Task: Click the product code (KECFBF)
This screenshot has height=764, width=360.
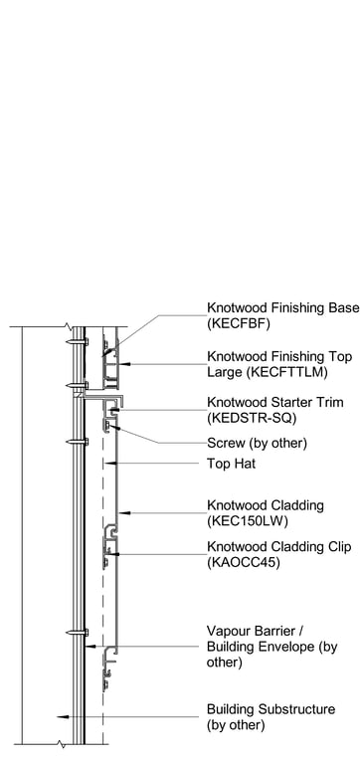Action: click(x=238, y=324)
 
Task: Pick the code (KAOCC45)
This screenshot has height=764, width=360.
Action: click(x=243, y=562)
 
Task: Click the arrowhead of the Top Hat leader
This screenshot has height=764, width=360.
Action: click(x=110, y=464)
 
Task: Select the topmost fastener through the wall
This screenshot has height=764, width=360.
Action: click(x=72, y=344)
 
